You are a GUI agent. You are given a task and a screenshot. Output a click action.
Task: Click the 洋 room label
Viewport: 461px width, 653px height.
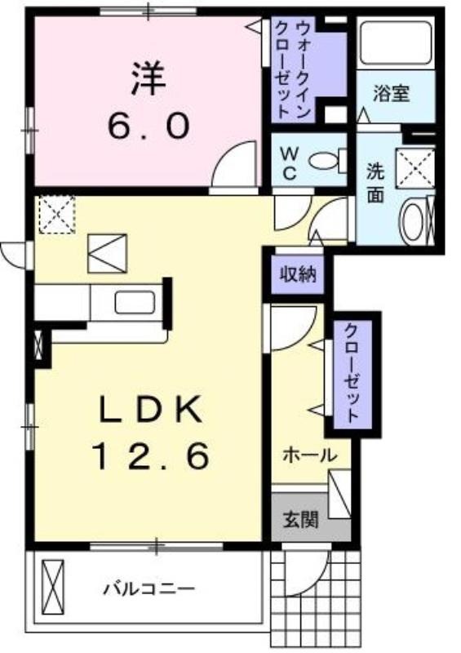click(x=148, y=78)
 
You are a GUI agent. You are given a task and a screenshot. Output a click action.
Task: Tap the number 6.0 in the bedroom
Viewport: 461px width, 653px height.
click(x=148, y=127)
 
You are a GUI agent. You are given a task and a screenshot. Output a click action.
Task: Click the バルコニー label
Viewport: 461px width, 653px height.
click(x=148, y=589)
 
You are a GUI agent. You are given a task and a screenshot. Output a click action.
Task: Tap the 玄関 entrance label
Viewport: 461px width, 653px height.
click(x=301, y=519)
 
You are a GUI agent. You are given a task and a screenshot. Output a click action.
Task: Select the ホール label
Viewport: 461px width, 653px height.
click(x=310, y=455)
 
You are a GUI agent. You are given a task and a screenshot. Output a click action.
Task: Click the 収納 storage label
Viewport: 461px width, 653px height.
click(x=298, y=275)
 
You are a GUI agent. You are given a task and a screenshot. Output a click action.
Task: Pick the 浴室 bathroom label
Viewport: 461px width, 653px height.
click(x=391, y=94)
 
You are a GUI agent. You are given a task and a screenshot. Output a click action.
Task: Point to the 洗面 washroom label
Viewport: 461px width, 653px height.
click(x=375, y=183)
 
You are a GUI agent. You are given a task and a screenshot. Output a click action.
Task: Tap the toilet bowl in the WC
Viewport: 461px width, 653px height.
click(x=328, y=160)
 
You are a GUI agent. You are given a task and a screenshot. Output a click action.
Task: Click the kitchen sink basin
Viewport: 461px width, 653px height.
click(x=135, y=302)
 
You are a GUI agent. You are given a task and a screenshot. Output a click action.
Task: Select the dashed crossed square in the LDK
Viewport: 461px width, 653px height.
click(x=57, y=215)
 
